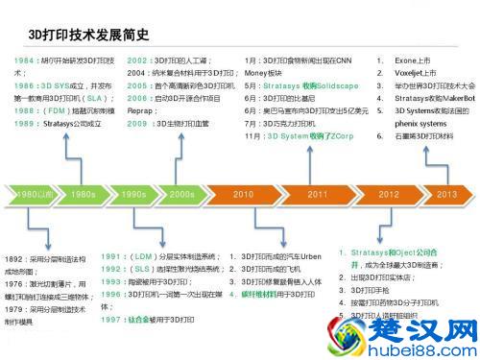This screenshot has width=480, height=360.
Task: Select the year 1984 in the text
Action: pyautogui.click(x=26, y=60)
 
